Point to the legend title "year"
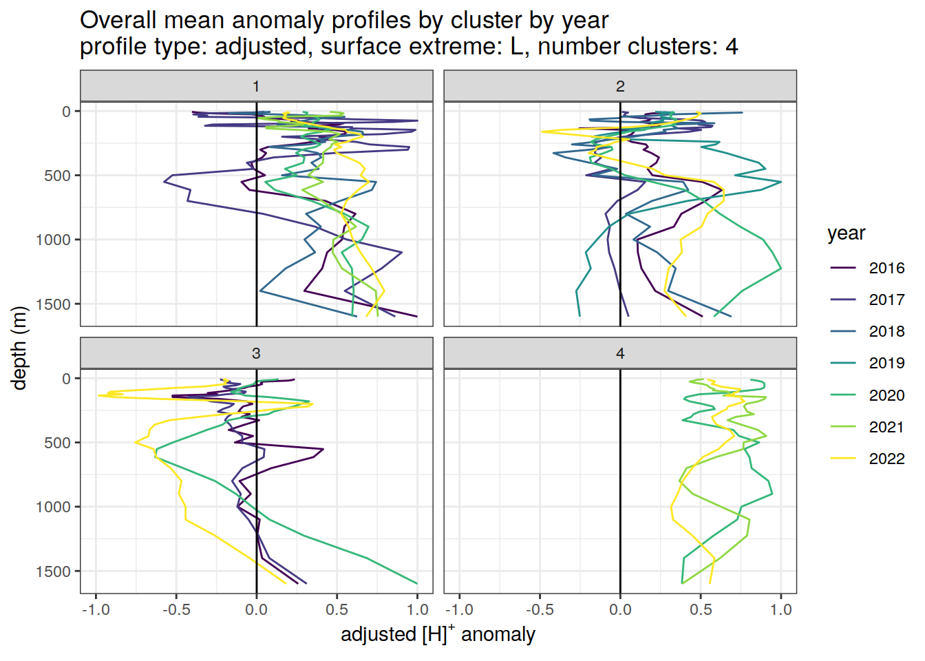(846, 233)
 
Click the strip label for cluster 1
(256, 86)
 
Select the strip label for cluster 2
(620, 86)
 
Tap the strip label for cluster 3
(256, 353)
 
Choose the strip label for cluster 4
(620, 353)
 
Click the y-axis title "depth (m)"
(19, 348)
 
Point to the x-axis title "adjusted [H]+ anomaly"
(438, 634)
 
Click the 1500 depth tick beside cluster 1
(57, 304)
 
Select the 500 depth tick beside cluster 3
(57, 443)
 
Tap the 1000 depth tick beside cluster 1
(54, 240)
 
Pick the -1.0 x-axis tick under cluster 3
(96, 610)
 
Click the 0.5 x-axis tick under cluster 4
(701, 610)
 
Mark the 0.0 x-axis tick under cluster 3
(257, 610)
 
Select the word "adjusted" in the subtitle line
(260, 47)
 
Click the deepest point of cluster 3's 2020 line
(417, 583)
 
